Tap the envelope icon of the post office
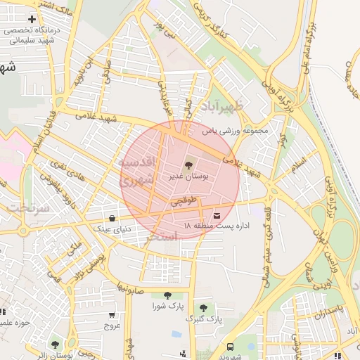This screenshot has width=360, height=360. (x=216, y=214)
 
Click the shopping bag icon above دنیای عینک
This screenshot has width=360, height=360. (x=112, y=218)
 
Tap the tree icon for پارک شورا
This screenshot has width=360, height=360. (x=167, y=296)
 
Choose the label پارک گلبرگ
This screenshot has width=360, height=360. (x=203, y=319)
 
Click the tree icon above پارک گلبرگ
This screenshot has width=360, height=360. (x=203, y=308)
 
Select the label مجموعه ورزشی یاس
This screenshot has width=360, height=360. (x=236, y=131)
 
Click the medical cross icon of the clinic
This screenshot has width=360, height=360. (x=32, y=18)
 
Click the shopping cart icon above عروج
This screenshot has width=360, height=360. (x=112, y=315)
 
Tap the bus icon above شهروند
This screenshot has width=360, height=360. (x=230, y=347)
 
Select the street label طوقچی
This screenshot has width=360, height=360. (x=180, y=202)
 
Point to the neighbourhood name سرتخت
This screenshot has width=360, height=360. (x=28, y=208)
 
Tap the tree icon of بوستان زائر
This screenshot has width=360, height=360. (x=55, y=345)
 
